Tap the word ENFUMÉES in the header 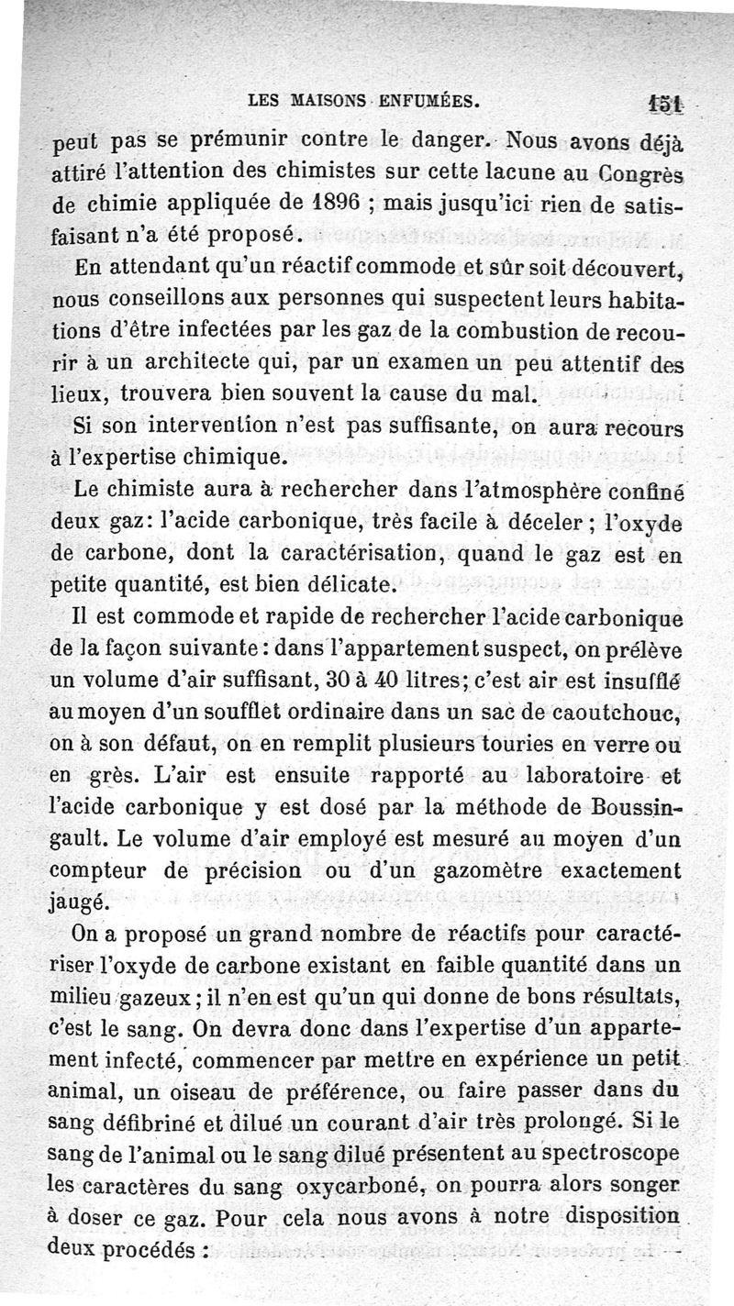tap(427, 102)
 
